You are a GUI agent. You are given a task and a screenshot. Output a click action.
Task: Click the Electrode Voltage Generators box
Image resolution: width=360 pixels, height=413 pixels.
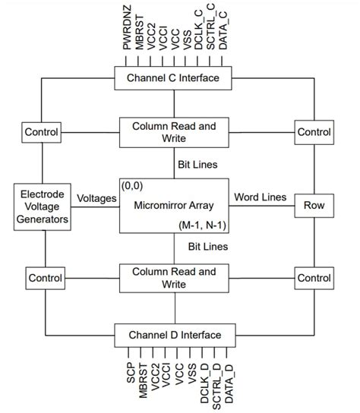tap(44, 205)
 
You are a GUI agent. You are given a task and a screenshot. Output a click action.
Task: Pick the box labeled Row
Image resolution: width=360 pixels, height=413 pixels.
tap(314, 205)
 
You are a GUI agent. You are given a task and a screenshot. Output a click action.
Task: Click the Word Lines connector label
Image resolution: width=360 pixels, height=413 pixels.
tap(260, 197)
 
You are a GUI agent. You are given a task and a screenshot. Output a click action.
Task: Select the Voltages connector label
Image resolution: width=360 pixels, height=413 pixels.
tap(96, 197)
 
